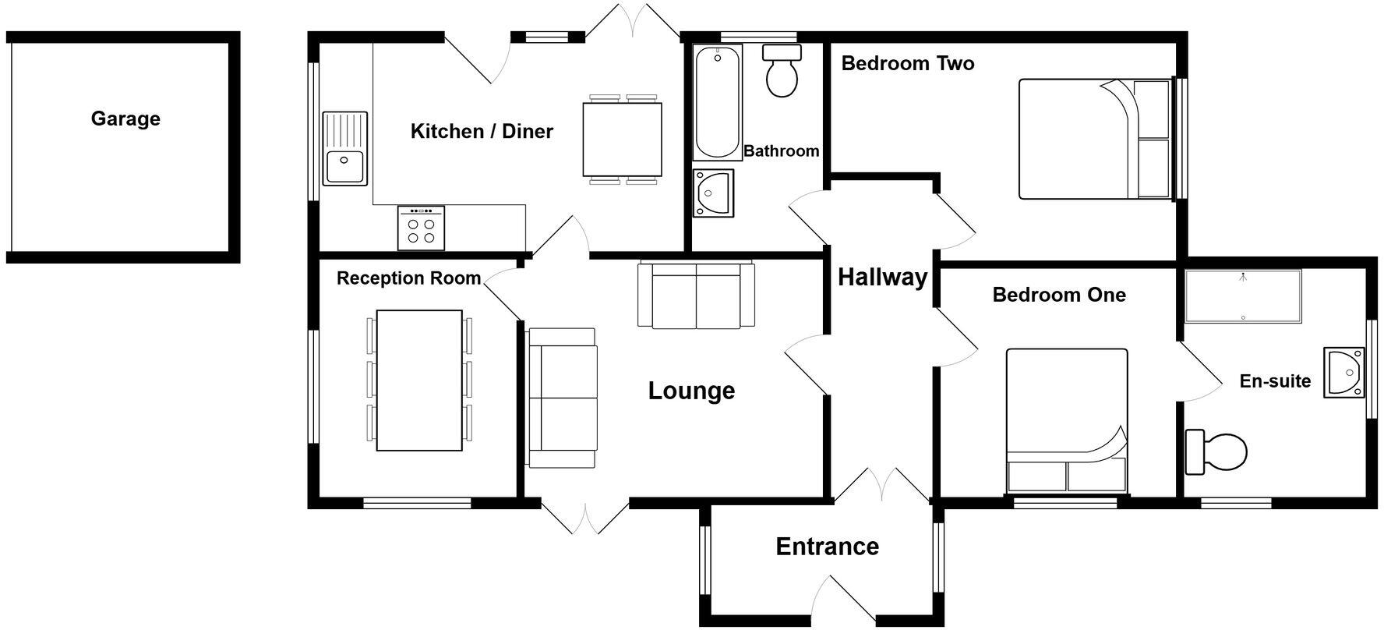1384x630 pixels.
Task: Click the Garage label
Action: point(125,119)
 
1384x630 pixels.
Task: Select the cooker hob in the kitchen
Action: point(421,228)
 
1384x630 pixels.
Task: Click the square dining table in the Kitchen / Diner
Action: point(622,140)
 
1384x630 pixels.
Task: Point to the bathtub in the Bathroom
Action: point(718,103)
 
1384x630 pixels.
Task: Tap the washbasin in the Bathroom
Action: point(713,192)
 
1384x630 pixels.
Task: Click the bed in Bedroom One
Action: point(1067,420)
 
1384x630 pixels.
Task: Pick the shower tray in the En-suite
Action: point(1243,296)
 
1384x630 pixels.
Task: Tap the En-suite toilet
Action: point(1216,452)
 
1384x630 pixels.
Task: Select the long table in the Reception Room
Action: point(419,380)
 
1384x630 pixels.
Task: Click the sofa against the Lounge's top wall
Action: point(696,296)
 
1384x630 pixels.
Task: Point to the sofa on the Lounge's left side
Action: point(562,398)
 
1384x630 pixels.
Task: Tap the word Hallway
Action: point(882,277)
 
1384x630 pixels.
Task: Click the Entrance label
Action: point(827,547)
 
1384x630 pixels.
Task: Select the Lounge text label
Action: point(691,391)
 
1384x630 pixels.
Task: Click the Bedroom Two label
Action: point(908,63)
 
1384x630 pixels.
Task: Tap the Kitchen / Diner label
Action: point(482,131)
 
